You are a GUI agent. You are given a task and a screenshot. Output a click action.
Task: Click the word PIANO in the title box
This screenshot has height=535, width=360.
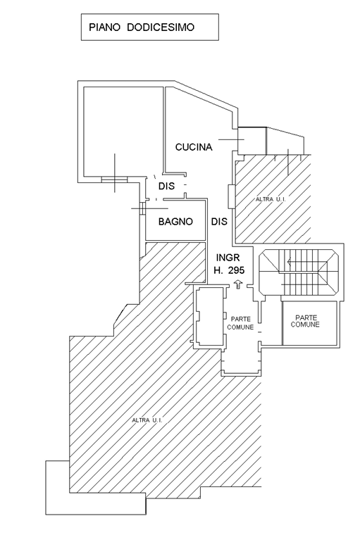pos(104,27)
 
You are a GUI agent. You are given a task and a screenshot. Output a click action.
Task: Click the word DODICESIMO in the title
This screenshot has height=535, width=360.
pos(161,27)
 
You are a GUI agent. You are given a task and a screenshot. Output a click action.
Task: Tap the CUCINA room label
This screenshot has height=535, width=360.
pos(194,147)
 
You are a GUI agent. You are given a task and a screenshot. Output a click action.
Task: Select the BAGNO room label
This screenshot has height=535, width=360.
pos(175,222)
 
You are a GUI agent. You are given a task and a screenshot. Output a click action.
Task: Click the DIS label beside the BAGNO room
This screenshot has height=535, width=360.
pos(219,222)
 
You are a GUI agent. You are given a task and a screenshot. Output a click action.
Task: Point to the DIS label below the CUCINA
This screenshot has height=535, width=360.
pos(166,186)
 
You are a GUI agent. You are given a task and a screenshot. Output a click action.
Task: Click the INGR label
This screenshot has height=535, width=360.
pos(228,258)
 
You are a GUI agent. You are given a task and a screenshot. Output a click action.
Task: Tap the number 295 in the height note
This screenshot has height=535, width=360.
pos(237,270)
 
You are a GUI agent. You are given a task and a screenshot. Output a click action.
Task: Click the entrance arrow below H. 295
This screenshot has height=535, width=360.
pos(238,284)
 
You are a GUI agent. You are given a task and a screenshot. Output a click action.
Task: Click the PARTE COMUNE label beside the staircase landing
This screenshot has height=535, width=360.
pos(305,322)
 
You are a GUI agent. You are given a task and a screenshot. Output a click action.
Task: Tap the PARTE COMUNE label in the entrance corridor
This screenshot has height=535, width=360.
pos(240,323)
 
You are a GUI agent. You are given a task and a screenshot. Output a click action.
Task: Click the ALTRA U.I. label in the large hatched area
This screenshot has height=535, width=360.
pos(147,420)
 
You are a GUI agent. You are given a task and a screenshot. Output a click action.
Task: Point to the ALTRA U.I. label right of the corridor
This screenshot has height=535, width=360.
pos(271,199)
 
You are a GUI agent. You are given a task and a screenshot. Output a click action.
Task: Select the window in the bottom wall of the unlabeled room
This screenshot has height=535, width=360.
pos(114,179)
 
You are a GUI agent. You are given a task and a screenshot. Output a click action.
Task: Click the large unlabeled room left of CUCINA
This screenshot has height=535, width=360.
pos(123,132)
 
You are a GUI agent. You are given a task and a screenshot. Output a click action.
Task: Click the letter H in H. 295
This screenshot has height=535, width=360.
pos(218,270)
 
